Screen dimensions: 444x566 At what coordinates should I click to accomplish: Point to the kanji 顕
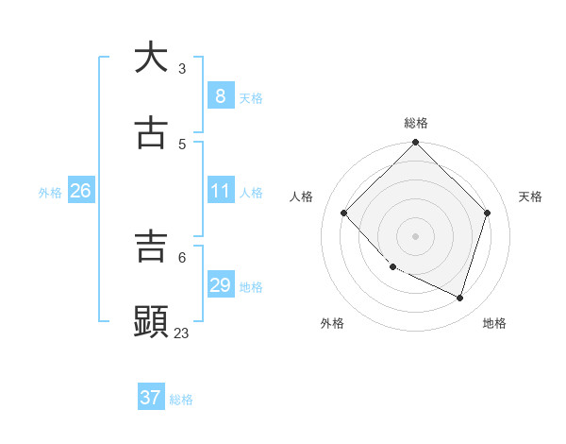point(151,321)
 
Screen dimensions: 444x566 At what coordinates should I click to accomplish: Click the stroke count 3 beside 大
point(182,68)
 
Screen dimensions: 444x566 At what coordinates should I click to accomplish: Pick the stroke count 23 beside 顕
point(181,333)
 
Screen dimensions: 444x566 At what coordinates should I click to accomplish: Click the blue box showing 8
point(220,95)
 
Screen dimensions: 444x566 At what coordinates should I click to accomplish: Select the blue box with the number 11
point(220,191)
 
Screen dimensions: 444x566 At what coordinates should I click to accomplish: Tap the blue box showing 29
point(220,284)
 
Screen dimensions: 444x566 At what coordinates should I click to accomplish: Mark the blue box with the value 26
point(80,191)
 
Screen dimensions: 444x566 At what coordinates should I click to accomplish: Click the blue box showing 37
point(150,398)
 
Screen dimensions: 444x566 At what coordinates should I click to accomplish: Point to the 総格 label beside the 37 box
point(181,400)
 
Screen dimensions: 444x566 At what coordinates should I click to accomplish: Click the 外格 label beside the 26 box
point(50,193)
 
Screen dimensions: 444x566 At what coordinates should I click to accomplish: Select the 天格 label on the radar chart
point(530,196)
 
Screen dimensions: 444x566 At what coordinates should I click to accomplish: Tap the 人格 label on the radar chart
point(302,196)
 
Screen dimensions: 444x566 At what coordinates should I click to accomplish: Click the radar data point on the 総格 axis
point(415,144)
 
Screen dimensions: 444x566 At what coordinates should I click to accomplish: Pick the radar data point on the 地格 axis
point(459,298)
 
